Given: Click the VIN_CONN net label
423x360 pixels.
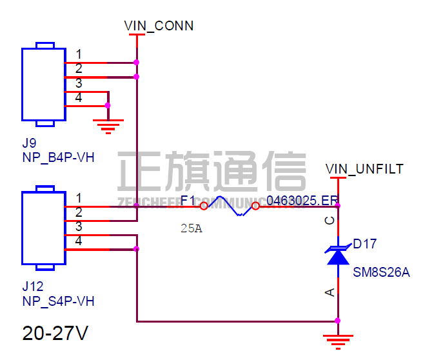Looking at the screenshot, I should coord(159,26).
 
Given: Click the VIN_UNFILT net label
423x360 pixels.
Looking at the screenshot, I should coord(364,169).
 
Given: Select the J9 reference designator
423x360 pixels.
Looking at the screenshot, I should coord(28,142).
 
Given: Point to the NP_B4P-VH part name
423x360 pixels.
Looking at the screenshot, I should coord(58,157).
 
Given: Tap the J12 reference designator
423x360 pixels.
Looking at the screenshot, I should coord(32,286).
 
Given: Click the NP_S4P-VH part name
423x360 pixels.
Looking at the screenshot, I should coord(58,301).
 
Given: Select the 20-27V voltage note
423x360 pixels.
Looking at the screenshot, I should coord(55,334).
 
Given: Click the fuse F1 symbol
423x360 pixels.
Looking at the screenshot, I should coord(230,206).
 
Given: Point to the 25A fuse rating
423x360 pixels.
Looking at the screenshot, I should coord(191,228).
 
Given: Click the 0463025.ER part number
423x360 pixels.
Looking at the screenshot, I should coord(302,200).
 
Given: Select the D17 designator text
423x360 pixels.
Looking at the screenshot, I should coord(365,244).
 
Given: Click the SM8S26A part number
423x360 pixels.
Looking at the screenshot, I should coord(381,272).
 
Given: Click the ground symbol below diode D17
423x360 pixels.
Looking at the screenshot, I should coord(337,339).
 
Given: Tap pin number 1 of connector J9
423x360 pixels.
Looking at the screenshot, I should coord(79,54).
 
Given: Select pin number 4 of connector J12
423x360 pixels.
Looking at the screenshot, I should coord(79,241).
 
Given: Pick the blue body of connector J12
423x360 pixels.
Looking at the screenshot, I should coord(43,227).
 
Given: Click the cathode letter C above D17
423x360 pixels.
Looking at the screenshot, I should coord(330,221).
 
